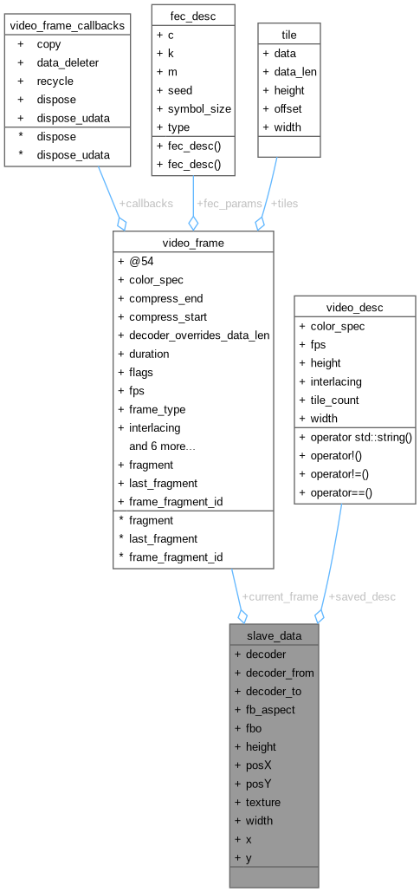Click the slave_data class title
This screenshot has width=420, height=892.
[x=274, y=635]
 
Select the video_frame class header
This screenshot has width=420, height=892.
[x=193, y=243]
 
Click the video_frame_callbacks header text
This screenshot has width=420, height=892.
[x=68, y=25]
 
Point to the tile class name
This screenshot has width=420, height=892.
[x=289, y=35]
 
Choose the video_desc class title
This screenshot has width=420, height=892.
[x=355, y=308]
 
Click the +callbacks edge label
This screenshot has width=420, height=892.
[x=146, y=203]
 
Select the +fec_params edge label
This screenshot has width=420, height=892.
[x=229, y=203]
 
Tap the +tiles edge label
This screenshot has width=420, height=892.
[x=284, y=203]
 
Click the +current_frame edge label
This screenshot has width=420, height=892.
[x=280, y=596]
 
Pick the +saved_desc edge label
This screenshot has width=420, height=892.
[x=362, y=596]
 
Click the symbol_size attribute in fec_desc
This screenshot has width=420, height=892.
[x=199, y=108]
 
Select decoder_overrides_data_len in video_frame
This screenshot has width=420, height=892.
[x=199, y=335]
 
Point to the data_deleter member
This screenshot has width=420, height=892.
[x=68, y=62]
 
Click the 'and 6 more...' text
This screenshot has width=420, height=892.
[x=163, y=446]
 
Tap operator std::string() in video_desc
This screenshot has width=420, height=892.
[x=361, y=438]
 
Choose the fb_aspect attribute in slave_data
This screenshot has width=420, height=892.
[x=270, y=709]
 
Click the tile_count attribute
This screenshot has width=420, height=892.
[x=335, y=400]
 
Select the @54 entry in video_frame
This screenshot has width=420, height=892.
[x=141, y=261]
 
